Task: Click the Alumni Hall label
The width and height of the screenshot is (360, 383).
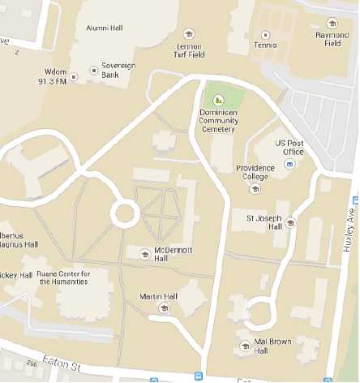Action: tap(103, 27)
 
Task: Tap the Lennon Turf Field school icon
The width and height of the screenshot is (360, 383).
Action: tap(189, 34)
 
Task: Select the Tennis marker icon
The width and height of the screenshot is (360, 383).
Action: tap(265, 35)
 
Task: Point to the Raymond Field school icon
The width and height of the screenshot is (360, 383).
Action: tap(331, 23)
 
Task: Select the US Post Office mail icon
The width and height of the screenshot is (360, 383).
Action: tap(289, 165)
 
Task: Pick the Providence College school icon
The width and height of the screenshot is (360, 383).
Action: tap(255, 189)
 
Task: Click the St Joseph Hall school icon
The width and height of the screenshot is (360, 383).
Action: tap(289, 222)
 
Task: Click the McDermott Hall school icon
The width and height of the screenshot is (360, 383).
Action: tap(145, 253)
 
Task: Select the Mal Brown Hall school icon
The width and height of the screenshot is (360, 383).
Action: tap(245, 346)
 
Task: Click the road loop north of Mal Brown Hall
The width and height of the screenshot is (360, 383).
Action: tap(260, 310)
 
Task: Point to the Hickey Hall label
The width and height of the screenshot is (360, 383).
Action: tap(14, 274)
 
